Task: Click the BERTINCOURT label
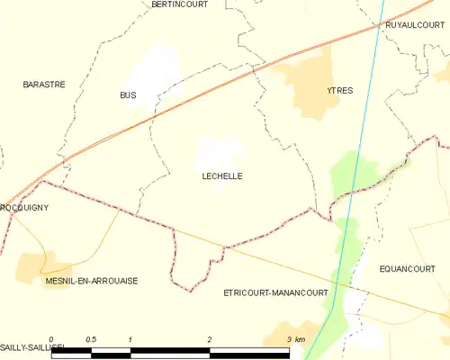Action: tap(179, 4)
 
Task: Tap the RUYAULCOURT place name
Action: tap(410, 25)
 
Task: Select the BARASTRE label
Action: tap(43, 84)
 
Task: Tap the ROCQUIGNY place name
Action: tap(24, 207)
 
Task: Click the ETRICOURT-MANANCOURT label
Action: tap(274, 292)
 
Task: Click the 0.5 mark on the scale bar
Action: tap(90, 338)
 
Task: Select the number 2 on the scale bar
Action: tap(210, 338)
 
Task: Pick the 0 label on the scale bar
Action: tap(51, 338)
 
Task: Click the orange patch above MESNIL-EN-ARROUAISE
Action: tap(31, 265)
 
